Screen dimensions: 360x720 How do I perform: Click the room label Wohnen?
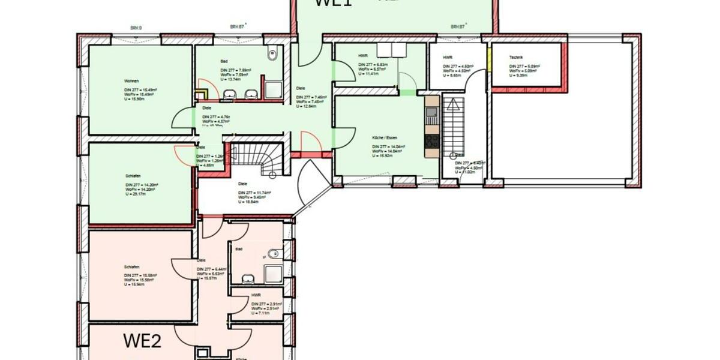(x=133, y=81)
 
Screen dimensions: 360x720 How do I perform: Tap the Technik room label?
(x=515, y=57)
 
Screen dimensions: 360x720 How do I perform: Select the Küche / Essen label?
(x=384, y=138)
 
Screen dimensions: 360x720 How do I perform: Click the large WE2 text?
(x=142, y=341)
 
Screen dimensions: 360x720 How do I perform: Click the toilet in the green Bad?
(x=273, y=53)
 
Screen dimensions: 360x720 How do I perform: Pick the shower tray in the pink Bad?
(x=273, y=273)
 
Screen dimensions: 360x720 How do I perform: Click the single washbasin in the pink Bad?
(x=247, y=278)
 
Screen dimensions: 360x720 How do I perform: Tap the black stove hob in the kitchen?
(x=432, y=141)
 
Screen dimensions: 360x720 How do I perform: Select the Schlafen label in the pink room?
(x=132, y=267)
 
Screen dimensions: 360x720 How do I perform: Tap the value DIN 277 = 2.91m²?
(x=266, y=304)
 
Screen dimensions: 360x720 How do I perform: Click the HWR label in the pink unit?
(x=256, y=295)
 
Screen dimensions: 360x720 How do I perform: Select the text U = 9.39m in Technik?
(x=520, y=76)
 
